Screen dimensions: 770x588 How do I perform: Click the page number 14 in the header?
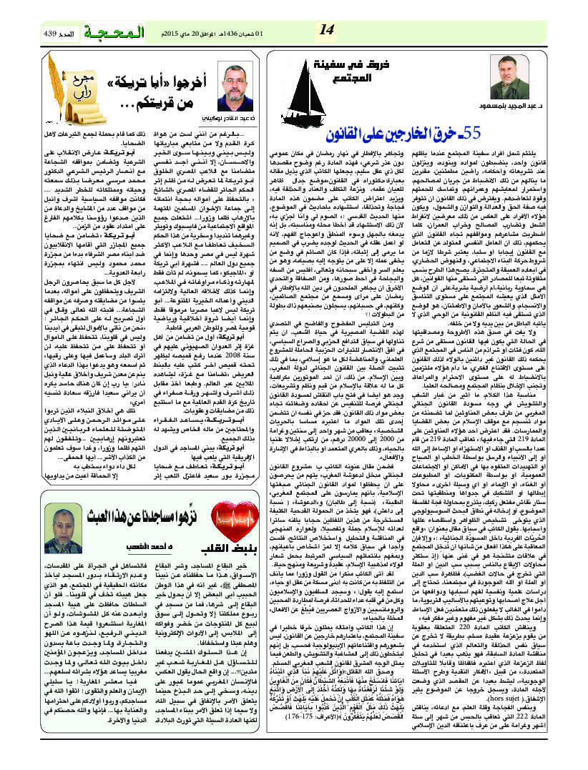point(326,30)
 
